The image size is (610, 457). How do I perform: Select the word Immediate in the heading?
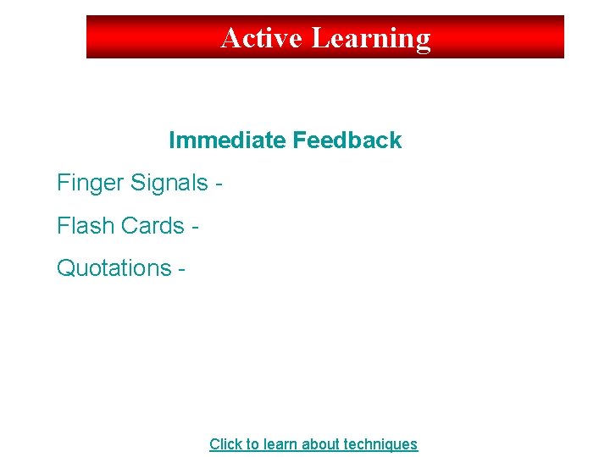pos(228,140)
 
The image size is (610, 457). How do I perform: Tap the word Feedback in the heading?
pos(347,140)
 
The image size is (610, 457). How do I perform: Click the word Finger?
pos(89,183)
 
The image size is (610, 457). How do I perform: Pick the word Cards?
pos(153,226)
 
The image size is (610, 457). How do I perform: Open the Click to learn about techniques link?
pos(313,444)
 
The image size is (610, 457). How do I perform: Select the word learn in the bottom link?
pos(279,444)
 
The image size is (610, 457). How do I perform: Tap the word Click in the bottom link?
pos(225,444)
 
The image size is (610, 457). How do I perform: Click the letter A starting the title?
pos(230,38)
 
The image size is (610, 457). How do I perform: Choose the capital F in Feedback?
pos(299,140)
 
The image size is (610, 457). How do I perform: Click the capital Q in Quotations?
pos(65,268)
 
